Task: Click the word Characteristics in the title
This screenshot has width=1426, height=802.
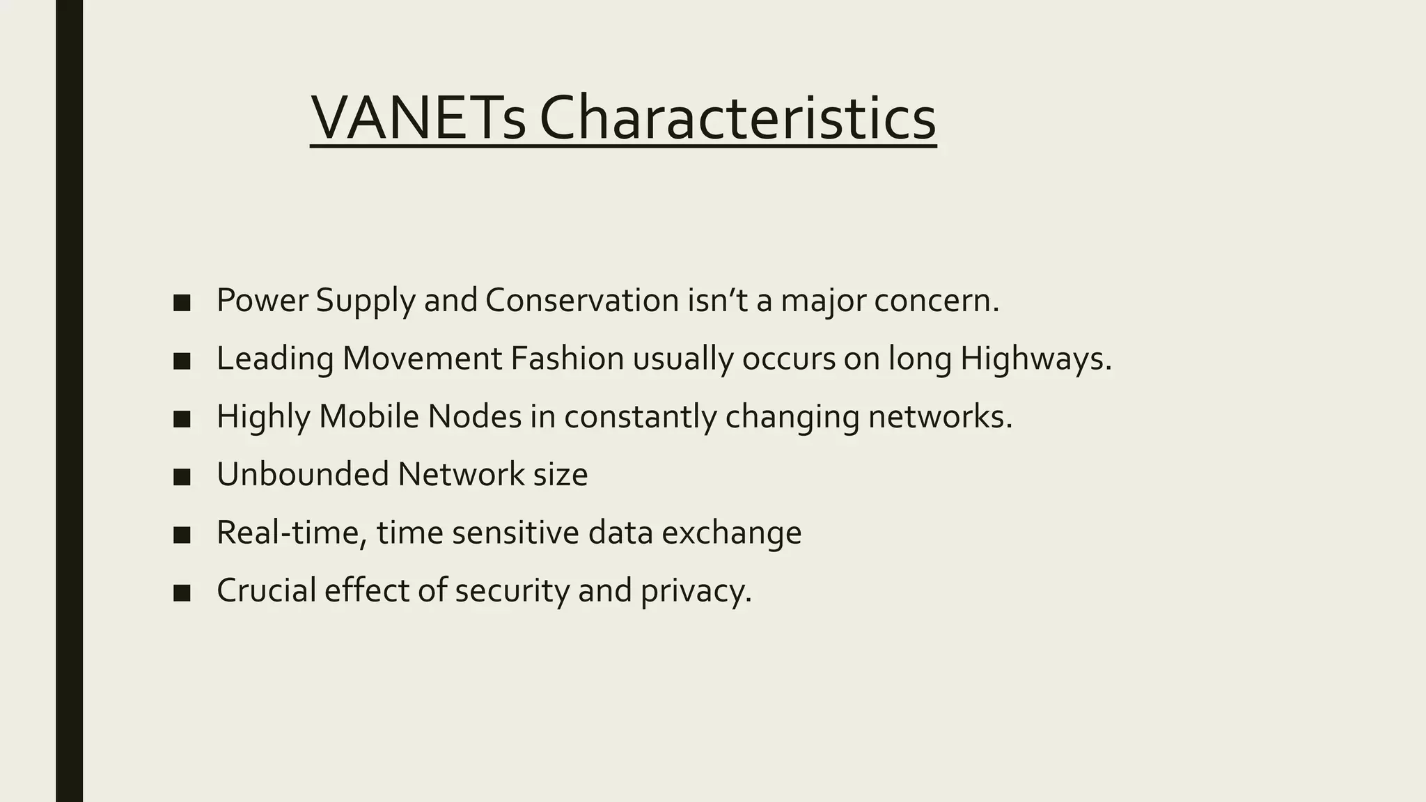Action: [737, 118]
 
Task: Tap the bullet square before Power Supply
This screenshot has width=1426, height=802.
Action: [182, 303]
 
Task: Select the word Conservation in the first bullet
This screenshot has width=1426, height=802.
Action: [582, 301]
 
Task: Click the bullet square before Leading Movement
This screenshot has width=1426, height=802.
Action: [182, 361]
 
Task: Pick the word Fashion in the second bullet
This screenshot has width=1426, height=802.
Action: [567, 359]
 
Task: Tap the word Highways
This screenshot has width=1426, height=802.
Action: [1035, 359]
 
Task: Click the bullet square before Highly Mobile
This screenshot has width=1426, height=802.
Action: [182, 418]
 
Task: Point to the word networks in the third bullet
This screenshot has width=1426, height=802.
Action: [939, 416]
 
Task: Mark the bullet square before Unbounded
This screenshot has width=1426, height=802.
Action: [182, 476]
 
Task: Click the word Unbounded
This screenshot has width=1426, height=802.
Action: [302, 474]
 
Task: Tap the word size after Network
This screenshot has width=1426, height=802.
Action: [560, 474]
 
